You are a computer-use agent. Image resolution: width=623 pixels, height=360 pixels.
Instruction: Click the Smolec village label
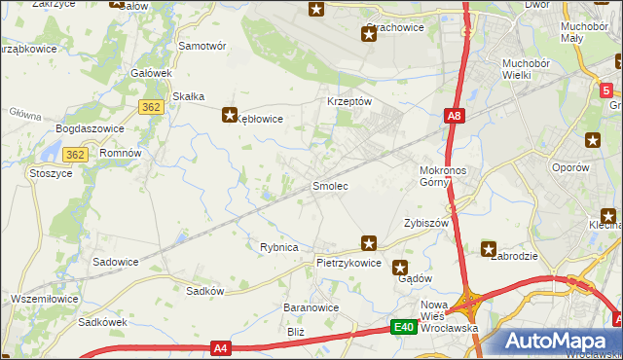(330, 185)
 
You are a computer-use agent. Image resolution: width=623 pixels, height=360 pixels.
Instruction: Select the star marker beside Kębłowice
(230, 113)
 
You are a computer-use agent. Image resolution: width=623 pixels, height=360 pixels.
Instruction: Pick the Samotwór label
(202, 46)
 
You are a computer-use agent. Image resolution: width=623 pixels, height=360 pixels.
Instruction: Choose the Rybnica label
(278, 247)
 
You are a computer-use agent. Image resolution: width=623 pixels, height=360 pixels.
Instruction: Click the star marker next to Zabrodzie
(489, 249)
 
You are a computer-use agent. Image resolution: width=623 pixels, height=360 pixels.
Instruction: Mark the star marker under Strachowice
(368, 36)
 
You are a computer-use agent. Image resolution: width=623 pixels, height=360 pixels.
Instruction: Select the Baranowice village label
(311, 307)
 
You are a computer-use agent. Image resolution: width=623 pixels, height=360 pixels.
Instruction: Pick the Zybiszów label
(425, 223)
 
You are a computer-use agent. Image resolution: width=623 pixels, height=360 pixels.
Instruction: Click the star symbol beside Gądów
(399, 267)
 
